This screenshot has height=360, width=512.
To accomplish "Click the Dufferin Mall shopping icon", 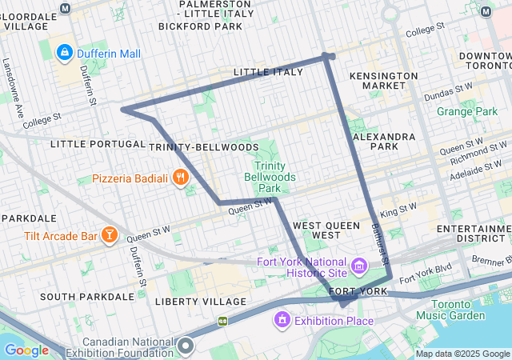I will [x=65, y=54].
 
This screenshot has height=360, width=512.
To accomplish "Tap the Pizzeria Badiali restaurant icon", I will [x=182, y=178].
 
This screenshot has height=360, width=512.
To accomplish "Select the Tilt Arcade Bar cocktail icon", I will [x=109, y=234].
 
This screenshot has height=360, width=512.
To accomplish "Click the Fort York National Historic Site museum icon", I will [x=359, y=265].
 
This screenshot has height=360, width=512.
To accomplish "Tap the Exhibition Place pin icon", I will [x=281, y=321].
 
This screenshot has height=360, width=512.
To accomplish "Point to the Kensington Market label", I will [x=384, y=80].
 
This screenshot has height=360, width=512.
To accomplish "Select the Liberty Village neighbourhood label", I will [x=200, y=302].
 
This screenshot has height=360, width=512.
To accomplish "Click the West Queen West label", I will [x=326, y=230].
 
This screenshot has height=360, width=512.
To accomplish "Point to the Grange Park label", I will [x=466, y=111].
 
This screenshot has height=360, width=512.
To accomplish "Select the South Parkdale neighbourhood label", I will [x=86, y=296].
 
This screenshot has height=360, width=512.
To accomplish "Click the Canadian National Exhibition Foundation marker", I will [x=186, y=346].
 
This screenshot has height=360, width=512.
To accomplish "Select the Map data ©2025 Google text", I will [x=462, y=354].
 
